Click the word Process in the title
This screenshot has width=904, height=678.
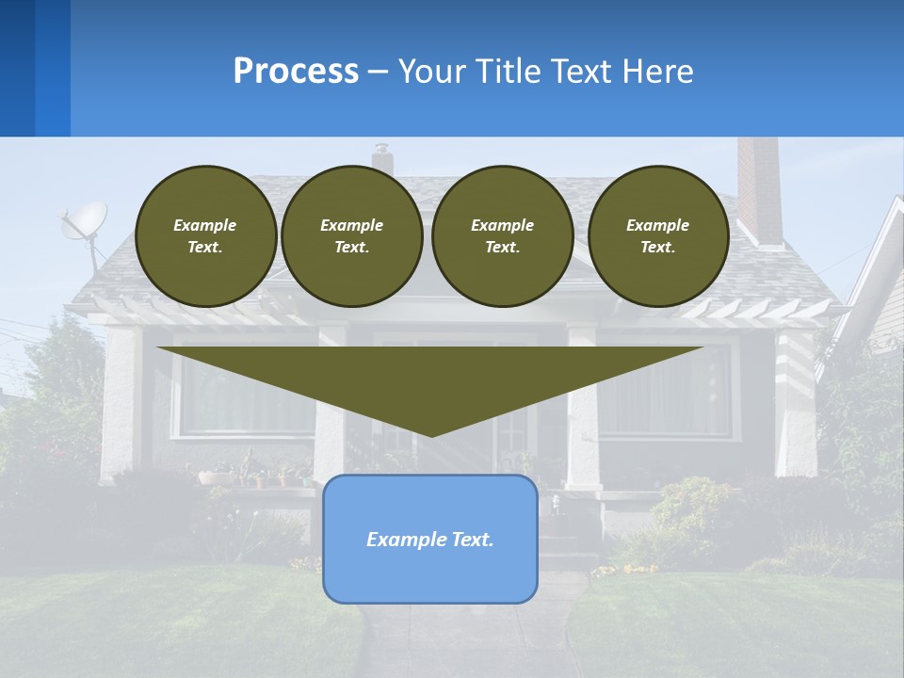tap(296, 72)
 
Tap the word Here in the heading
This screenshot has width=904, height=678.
tap(658, 72)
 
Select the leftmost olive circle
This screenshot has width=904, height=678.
tap(205, 235)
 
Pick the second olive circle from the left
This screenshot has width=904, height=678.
tap(351, 235)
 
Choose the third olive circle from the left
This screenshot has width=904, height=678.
tap(502, 235)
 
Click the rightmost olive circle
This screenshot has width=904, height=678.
tap(657, 235)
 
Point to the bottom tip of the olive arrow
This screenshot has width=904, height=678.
tap(431, 434)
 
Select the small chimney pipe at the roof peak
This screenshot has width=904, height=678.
tap(381, 157)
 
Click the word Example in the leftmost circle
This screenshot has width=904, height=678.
tap(205, 225)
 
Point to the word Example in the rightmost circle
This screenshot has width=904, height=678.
tap(657, 225)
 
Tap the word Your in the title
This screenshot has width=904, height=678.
tap(432, 72)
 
